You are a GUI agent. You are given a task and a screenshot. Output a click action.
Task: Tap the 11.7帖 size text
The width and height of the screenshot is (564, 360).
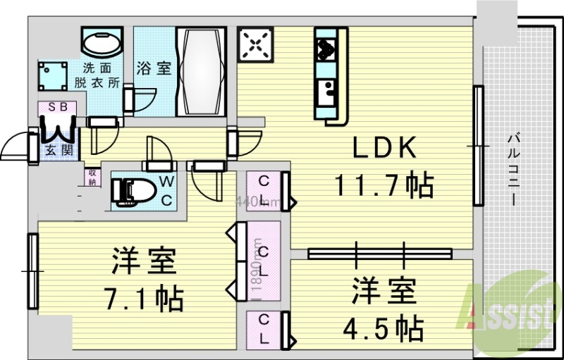pos(383,186)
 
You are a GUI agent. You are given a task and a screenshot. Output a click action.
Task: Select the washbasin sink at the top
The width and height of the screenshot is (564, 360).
pos(102,43)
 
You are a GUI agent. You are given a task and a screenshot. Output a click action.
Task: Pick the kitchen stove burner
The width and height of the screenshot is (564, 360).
pos(327,48)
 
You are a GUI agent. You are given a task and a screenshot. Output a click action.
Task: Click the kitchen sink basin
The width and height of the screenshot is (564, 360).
pos(326,91)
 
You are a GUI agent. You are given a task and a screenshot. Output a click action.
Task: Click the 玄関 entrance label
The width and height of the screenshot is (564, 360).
pos(54,150)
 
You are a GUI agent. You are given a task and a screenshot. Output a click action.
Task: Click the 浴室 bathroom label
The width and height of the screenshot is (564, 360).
pos(154,69)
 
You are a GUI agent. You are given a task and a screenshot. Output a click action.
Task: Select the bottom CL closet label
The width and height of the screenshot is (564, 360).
pos(264,328)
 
